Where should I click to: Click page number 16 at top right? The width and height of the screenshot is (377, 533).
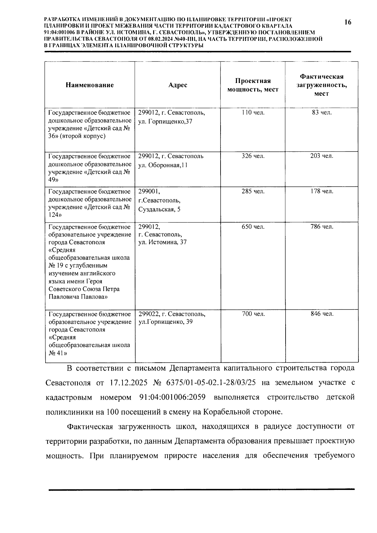pyautogui.click(x=347, y=22)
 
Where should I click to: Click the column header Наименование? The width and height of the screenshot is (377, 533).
pyautogui.click(x=90, y=85)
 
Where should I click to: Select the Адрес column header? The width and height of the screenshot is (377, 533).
pyautogui.click(x=178, y=85)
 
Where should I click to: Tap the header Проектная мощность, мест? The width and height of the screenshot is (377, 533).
pyautogui.click(x=253, y=85)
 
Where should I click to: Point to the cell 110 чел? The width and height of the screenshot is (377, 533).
pyautogui.click(x=253, y=113)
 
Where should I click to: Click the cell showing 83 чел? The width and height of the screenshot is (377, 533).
pyautogui.click(x=322, y=113)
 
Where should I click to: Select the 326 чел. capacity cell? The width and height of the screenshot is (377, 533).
pyautogui.click(x=253, y=156)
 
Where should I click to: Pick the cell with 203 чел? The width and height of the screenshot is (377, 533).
pyautogui.click(x=322, y=156)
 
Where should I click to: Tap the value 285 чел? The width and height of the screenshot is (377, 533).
pyautogui.click(x=253, y=191)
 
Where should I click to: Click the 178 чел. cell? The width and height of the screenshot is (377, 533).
pyautogui.click(x=322, y=191)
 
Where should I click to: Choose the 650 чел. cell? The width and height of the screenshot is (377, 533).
pyautogui.click(x=253, y=227)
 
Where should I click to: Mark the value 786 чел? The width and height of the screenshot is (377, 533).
pyautogui.click(x=322, y=227)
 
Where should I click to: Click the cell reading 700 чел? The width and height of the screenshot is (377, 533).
pyautogui.click(x=253, y=314)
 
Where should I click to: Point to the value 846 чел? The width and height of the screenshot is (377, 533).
pyautogui.click(x=322, y=314)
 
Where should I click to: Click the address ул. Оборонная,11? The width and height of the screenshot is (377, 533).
pyautogui.click(x=163, y=165)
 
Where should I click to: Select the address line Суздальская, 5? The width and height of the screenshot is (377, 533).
pyautogui.click(x=159, y=209)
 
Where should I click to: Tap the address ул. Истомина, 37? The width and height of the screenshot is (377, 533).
pyautogui.click(x=162, y=242)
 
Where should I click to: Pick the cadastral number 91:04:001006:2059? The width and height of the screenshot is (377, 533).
pyautogui.click(x=172, y=397)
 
